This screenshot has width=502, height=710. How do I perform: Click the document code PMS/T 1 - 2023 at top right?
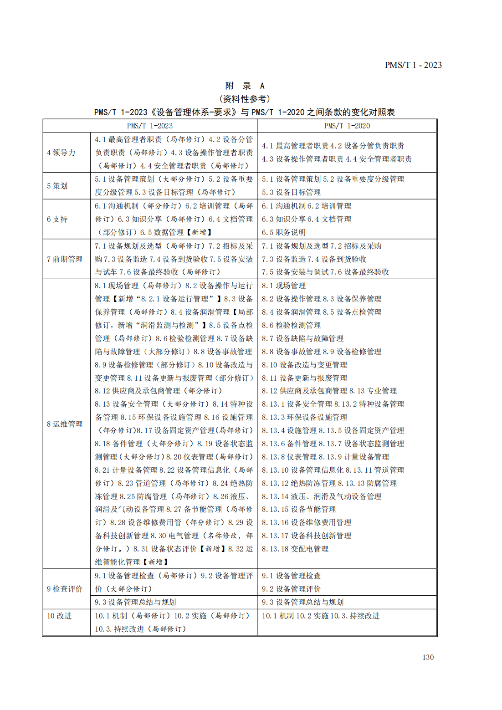413,65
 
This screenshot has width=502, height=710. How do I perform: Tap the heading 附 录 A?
245,86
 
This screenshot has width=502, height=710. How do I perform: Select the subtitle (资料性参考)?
245,99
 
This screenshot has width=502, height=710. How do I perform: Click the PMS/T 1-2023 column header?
150,126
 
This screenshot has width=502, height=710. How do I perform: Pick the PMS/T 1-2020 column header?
347,126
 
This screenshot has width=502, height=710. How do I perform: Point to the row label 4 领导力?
61,153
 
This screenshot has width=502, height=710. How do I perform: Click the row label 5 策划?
57,186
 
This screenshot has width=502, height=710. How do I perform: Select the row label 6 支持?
57,219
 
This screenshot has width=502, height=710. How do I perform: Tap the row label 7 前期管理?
65,259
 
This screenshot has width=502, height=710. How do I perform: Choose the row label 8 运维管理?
65,424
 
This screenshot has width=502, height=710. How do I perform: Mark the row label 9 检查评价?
65,589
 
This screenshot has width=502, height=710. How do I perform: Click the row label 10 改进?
59,616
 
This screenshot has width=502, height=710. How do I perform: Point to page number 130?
428,657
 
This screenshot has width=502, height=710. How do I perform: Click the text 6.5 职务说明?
283,232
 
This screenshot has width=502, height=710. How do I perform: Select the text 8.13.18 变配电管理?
295,549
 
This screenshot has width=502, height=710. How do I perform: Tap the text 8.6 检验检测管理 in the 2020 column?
291,325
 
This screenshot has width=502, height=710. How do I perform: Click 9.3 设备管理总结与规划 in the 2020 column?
302,602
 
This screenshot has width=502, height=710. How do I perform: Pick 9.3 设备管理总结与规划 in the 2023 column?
135,602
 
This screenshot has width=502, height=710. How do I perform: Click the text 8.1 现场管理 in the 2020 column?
283,286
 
